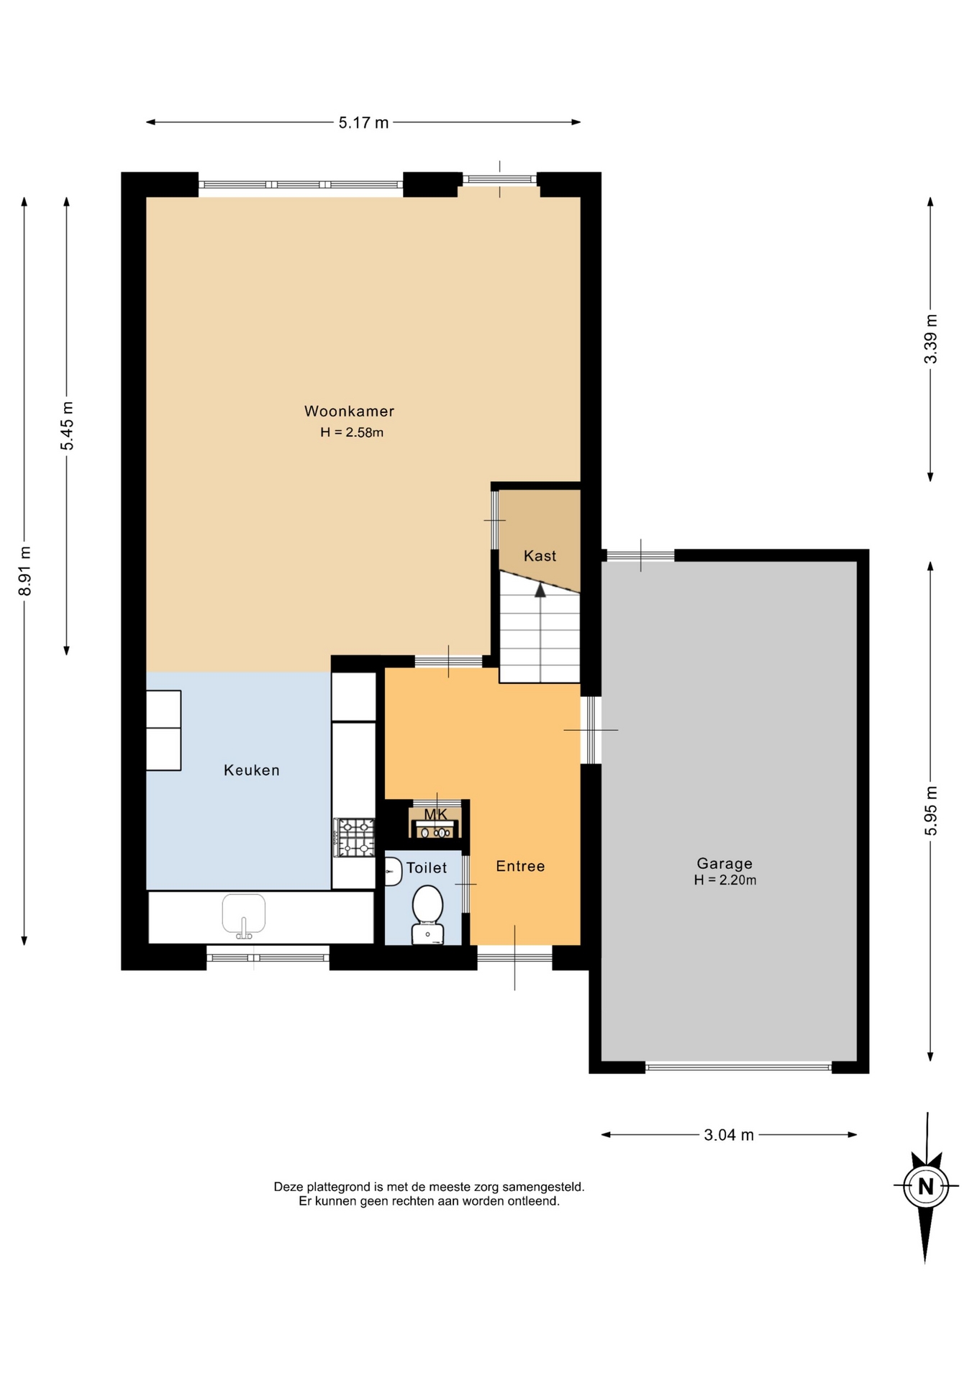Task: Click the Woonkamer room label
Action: (349, 411)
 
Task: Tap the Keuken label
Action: (251, 770)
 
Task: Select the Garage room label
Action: (724, 864)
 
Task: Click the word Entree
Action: (520, 867)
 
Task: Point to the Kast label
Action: (540, 556)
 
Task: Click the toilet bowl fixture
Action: (427, 914)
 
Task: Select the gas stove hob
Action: (355, 837)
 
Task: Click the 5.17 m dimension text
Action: (363, 123)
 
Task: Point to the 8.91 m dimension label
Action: (25, 571)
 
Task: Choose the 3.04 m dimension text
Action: (729, 1135)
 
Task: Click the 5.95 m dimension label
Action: (931, 811)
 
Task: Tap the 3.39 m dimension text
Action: (931, 339)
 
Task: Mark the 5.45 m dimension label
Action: (67, 426)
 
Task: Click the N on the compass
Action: (926, 1186)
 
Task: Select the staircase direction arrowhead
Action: (540, 590)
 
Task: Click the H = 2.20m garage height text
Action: (724, 880)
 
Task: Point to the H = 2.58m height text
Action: (352, 432)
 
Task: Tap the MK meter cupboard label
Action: (435, 814)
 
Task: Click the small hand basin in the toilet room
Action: (393, 872)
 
